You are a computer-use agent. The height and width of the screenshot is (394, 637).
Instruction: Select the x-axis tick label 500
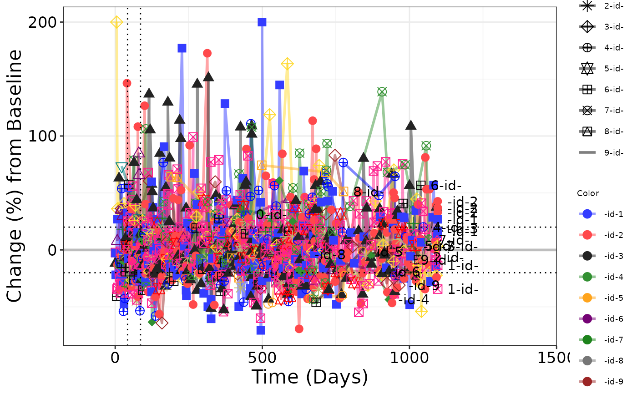262,358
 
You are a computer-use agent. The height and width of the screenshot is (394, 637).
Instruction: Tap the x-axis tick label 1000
409,358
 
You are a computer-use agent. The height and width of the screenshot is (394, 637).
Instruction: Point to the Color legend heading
588,193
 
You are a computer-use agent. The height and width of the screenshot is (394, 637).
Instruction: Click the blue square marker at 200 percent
262,22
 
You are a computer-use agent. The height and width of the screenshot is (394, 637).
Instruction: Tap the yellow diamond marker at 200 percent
116,22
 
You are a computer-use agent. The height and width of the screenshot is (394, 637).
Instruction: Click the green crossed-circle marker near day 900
382,92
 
